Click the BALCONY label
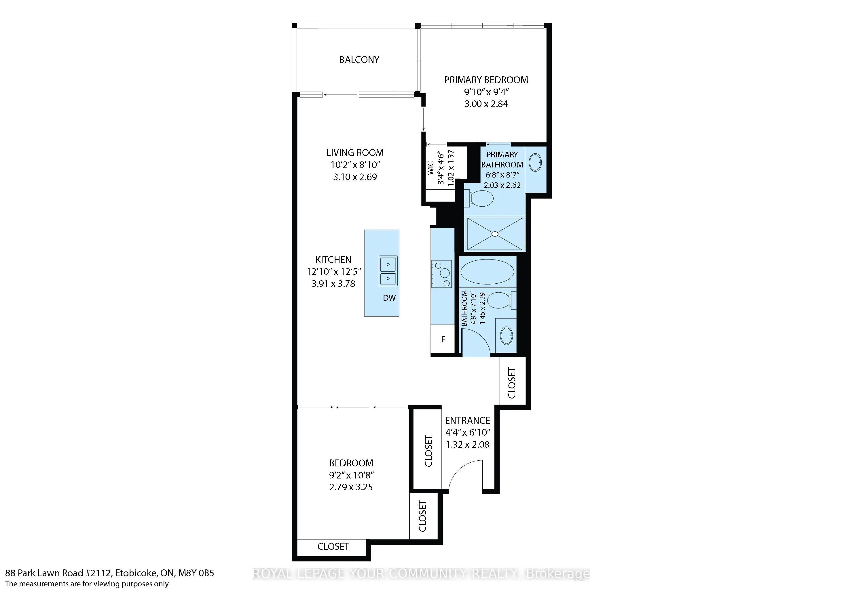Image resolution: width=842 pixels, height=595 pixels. point(359,60)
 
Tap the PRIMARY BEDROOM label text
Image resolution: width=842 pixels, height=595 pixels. point(486,80)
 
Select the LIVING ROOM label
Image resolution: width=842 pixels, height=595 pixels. point(355,153)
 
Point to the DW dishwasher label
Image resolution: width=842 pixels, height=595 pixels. point(389,298)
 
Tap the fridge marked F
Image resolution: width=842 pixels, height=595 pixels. point(443,339)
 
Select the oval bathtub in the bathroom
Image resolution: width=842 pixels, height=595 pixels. point(487,272)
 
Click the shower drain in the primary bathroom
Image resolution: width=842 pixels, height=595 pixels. point(495,233)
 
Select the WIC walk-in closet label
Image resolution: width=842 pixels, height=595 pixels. point(431,168)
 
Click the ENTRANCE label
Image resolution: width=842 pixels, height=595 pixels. point(468,420)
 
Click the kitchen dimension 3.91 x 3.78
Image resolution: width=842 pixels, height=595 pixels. point(333,284)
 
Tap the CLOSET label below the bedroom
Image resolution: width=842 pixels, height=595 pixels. point(333,546)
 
